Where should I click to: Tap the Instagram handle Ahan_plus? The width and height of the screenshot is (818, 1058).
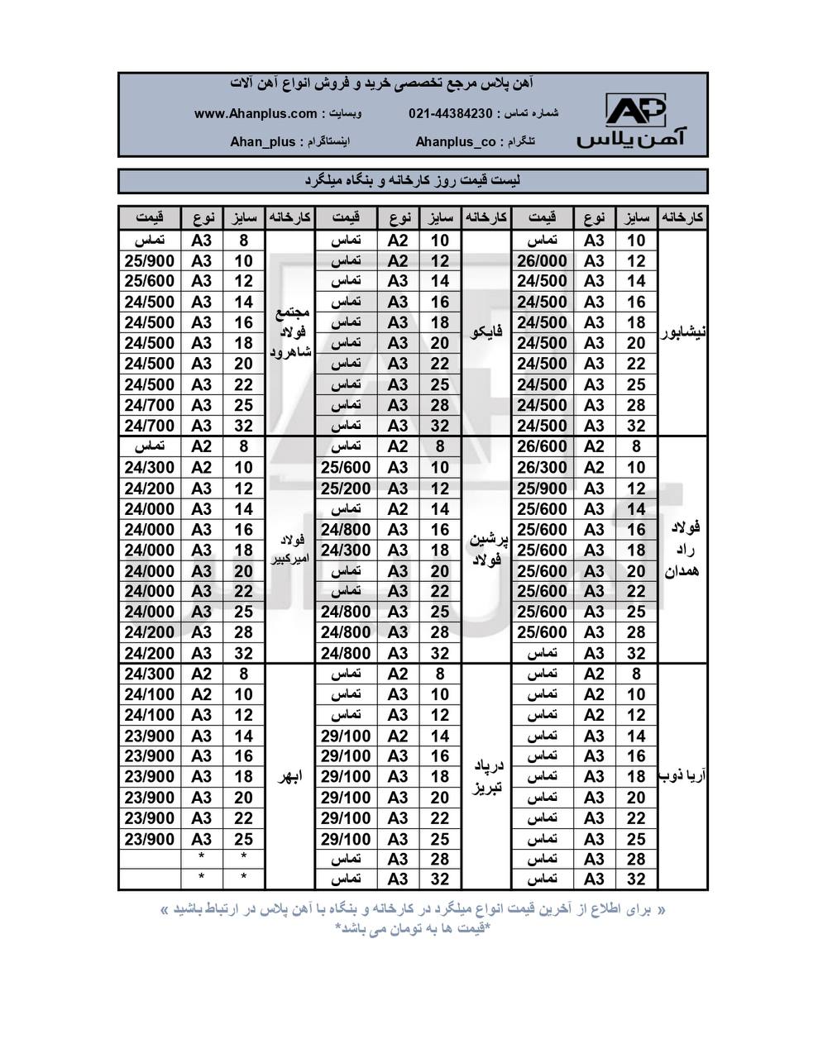[x=262, y=141]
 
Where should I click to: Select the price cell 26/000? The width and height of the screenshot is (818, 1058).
[x=543, y=260]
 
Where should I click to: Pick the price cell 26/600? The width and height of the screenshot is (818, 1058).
[x=543, y=446]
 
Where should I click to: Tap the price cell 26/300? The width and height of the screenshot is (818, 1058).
[x=543, y=467]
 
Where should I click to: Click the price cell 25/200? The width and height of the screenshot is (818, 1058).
[x=346, y=488]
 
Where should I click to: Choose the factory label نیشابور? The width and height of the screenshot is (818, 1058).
[x=682, y=333]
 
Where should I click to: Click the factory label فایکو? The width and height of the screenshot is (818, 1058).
[x=486, y=333]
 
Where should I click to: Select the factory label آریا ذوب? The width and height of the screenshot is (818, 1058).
[x=682, y=777]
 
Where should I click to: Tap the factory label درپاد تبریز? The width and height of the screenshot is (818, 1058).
[x=486, y=777]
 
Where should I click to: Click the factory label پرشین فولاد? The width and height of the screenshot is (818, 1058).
[x=486, y=550]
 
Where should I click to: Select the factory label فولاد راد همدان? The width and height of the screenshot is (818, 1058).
[x=682, y=550]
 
